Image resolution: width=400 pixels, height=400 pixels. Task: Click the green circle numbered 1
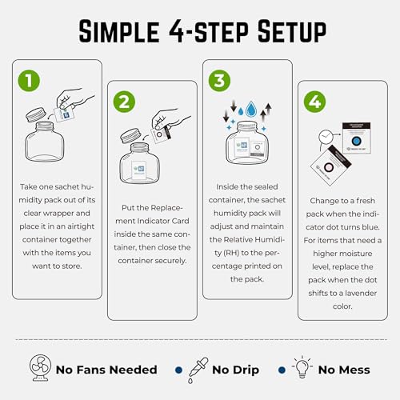29,81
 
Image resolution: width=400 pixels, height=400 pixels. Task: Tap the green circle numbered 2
124,102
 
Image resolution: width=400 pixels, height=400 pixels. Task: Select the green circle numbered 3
219,81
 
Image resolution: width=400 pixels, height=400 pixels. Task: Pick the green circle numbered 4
314,102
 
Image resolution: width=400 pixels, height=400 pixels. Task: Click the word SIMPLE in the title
119,31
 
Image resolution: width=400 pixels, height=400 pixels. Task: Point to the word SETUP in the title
292,31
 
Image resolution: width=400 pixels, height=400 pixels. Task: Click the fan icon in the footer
40,368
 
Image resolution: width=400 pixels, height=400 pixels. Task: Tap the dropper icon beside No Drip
198,370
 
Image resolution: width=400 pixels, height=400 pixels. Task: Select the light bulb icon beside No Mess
302,367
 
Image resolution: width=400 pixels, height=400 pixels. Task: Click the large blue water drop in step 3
251,109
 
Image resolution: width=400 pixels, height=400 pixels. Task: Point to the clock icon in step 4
326,137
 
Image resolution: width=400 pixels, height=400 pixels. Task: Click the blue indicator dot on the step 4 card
356,141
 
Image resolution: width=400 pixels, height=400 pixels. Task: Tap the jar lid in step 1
36,114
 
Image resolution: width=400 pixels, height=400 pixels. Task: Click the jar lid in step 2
131,135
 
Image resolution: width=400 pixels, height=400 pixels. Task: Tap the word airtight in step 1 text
81,226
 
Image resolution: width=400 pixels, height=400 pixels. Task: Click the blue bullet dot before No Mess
282,370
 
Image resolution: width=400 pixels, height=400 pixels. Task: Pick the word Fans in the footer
90,370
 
